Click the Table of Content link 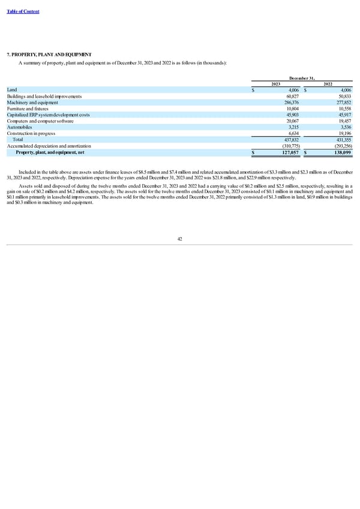tap(24, 12)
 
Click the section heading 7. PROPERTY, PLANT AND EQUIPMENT tap(49, 55)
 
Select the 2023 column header tap(276, 84)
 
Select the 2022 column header tap(328, 84)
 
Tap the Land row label tap(13, 89)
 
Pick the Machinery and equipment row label tap(31, 102)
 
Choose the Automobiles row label tap(19, 127)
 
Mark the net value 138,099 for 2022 tap(341, 152)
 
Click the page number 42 tap(180, 239)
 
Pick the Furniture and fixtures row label tap(28, 109)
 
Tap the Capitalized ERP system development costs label tap(48, 115)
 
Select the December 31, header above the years tap(302, 78)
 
